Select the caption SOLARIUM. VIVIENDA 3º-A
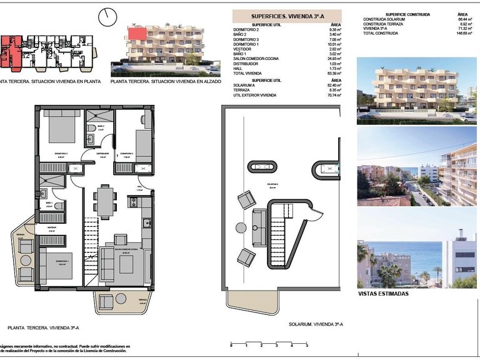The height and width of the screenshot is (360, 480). (316, 325)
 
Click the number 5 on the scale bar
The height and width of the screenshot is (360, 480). (307, 346)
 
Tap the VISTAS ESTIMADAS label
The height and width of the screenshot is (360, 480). (384, 293)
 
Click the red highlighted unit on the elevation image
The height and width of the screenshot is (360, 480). (137, 31)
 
